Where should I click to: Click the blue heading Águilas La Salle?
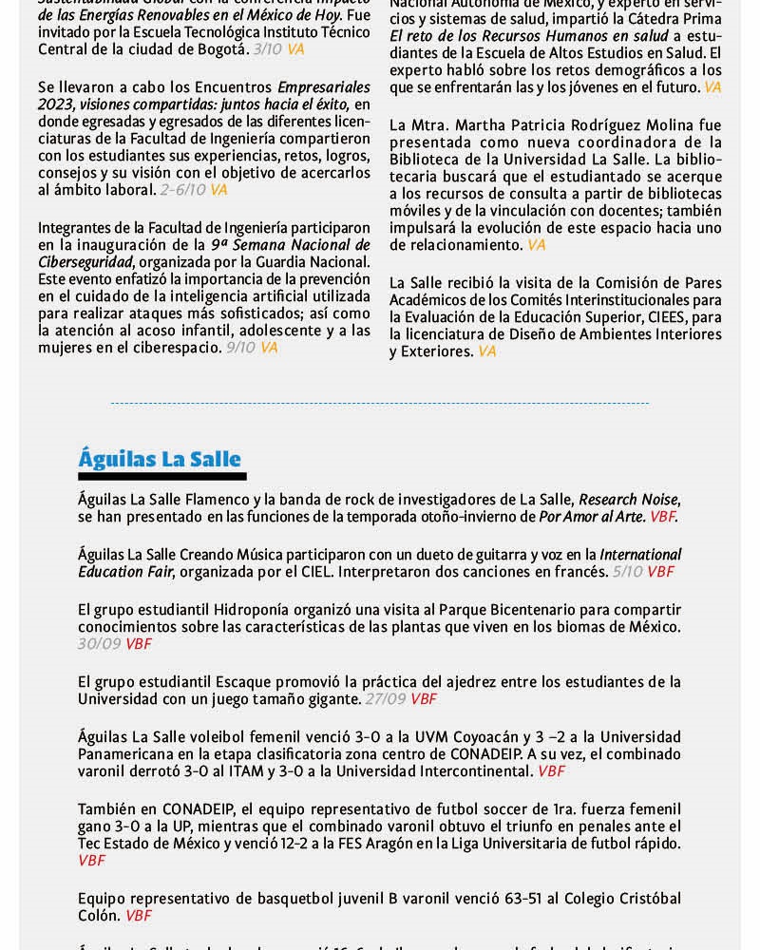(x=160, y=459)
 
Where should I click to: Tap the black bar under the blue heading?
(x=161, y=476)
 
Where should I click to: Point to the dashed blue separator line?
(x=380, y=403)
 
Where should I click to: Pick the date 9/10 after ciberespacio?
(x=240, y=348)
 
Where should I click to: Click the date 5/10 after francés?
(x=628, y=571)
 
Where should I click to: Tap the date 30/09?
(x=100, y=643)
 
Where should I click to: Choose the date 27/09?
(x=385, y=698)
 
